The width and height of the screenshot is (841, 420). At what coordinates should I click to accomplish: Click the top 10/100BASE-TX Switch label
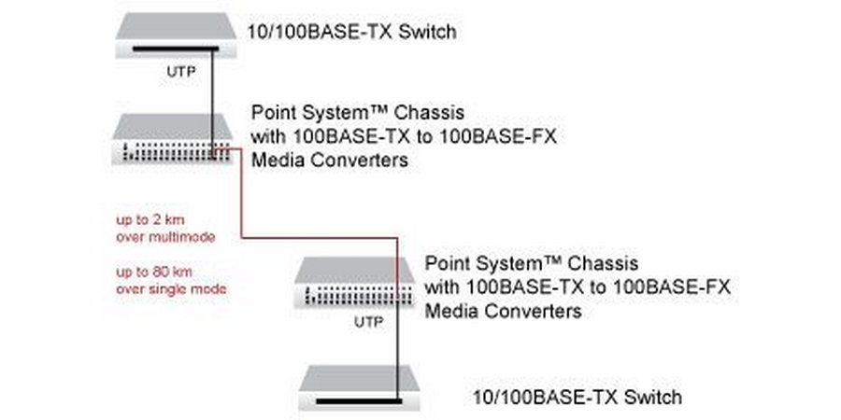pos(350,33)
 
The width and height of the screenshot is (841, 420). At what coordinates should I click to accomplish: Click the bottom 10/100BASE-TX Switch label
pos(577,397)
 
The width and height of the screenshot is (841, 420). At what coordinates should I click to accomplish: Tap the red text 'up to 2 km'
pos(145,219)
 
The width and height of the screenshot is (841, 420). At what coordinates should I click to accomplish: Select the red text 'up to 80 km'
pos(148,272)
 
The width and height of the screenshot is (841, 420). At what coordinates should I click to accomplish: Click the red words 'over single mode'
pos(171,289)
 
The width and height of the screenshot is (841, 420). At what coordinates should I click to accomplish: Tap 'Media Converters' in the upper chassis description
pos(330,161)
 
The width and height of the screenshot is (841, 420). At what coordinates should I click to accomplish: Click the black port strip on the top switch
pos(174,49)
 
